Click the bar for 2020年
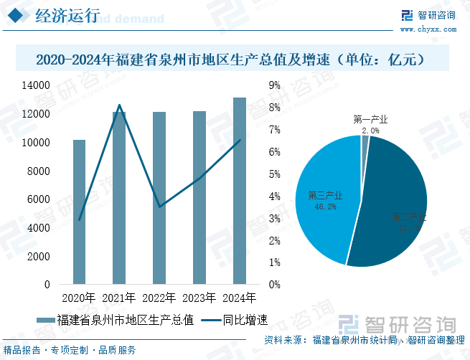point(79,212)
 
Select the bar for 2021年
point(119,198)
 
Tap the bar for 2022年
point(159,198)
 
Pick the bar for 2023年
point(199,198)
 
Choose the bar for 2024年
point(240,191)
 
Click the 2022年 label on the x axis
point(159,298)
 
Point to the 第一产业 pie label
point(371,120)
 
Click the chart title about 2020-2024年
point(234,59)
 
